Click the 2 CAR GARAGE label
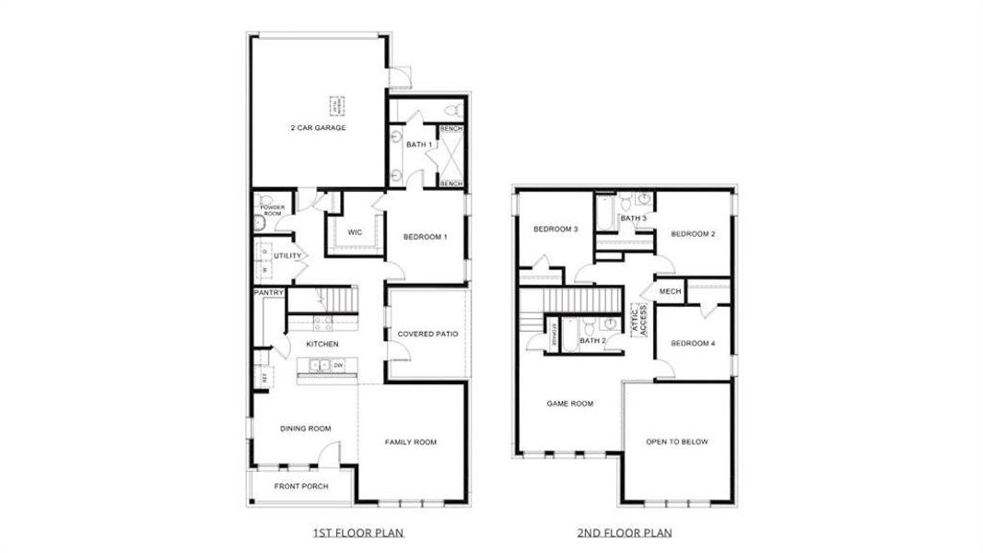click(318, 127)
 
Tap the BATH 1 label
click(418, 145)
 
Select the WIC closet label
click(354, 231)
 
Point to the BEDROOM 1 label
click(425, 237)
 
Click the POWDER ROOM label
click(271, 210)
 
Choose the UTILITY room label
click(287, 255)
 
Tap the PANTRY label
click(269, 293)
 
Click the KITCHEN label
click(322, 344)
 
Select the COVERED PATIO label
click(427, 334)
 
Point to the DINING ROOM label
click(305, 428)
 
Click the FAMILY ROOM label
click(410, 442)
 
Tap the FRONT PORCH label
click(301, 487)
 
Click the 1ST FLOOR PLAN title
click(358, 533)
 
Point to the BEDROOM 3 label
click(556, 229)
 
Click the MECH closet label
click(670, 291)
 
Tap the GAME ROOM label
click(569, 403)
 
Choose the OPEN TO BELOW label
click(676, 442)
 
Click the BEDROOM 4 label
click(693, 344)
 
